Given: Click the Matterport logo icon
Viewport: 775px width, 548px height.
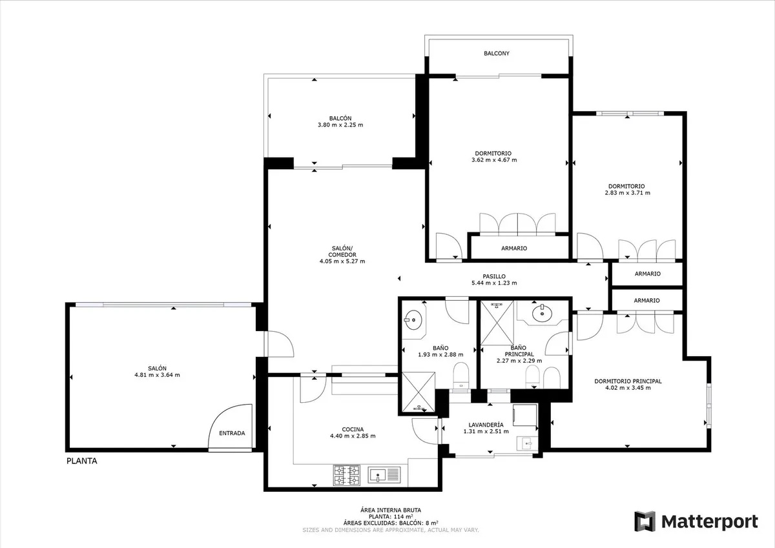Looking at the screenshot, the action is click(x=645, y=521).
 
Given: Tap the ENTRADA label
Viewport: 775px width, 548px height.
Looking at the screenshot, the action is click(x=232, y=433).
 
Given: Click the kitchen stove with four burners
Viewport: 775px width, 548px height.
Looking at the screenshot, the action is click(x=346, y=475).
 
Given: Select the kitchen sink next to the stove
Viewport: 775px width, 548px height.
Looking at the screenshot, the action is click(x=384, y=475).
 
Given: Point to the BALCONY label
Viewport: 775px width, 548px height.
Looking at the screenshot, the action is click(x=497, y=53).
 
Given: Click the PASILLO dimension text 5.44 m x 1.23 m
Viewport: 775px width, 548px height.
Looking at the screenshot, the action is click(x=494, y=283).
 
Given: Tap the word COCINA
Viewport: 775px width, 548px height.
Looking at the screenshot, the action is click(x=353, y=429).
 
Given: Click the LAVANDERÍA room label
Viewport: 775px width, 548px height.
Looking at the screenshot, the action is click(x=486, y=425).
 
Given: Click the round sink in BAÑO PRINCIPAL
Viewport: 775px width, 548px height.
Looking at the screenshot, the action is click(x=542, y=313).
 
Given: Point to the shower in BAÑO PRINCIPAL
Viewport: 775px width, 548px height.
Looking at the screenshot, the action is click(x=497, y=323).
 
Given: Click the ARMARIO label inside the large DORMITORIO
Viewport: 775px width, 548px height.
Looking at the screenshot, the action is click(x=514, y=249).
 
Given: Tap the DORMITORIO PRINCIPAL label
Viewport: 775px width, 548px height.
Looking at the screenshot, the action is click(x=628, y=381).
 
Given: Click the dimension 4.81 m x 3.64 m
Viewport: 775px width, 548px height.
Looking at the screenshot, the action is click(x=157, y=375).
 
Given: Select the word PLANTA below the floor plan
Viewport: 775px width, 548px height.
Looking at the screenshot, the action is click(x=81, y=461).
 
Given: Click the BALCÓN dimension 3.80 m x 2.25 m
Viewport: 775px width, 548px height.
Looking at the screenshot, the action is click(x=340, y=125).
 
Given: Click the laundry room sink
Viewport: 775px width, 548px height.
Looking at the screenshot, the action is click(x=527, y=443).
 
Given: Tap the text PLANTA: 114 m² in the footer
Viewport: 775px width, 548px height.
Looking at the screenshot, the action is click(x=391, y=517).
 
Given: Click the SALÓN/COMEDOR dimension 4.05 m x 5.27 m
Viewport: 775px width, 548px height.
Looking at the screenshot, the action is click(x=342, y=261).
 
